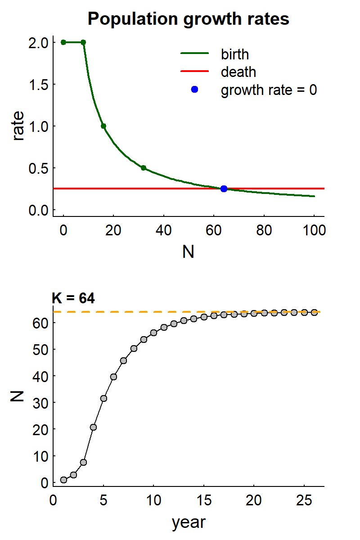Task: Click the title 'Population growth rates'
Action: point(188,19)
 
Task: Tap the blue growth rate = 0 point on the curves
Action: point(224,189)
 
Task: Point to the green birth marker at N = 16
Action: point(103,126)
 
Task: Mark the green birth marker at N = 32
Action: point(144,168)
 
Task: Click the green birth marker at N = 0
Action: point(63,42)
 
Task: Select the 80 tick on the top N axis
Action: point(264,230)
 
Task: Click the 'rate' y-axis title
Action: point(18,126)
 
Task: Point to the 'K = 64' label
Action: point(73,298)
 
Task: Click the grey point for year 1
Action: point(63,480)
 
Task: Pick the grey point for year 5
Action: point(103,398)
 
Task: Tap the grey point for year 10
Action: point(153,333)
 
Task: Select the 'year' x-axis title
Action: point(188,522)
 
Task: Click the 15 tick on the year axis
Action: point(204,500)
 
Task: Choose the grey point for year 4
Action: point(93,427)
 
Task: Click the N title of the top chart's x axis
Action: point(188,252)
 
